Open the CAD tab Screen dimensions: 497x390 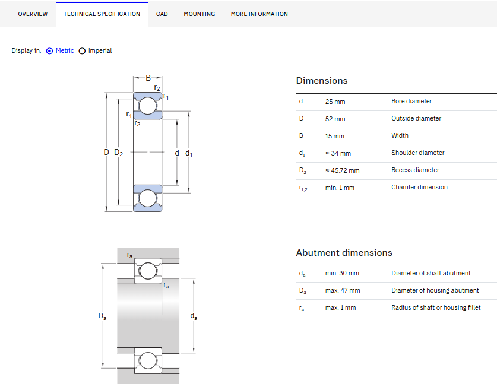pos(162,14)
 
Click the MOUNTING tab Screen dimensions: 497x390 pos(200,14)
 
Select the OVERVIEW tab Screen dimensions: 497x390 pos(33,14)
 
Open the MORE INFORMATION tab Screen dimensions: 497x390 pos(259,14)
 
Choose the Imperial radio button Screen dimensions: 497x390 pos(82,50)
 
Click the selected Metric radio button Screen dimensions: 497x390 pos(49,50)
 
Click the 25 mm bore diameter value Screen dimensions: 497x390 pos(335,102)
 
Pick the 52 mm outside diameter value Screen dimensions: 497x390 pos(335,119)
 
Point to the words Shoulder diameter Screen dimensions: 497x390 pos(418,153)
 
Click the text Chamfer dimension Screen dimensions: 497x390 pos(419,187)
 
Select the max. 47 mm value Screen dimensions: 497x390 pos(343,290)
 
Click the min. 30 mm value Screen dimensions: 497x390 pos(342,273)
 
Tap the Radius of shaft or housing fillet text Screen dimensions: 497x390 pos(436,307)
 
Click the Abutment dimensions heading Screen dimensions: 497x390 pos(344,253)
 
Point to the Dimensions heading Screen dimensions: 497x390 pos(322,81)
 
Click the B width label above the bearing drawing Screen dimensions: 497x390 pos(148,78)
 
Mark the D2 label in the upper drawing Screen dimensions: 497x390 pos(119,153)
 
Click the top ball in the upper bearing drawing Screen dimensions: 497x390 pos(148,106)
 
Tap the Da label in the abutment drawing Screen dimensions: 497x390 pos(102,316)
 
